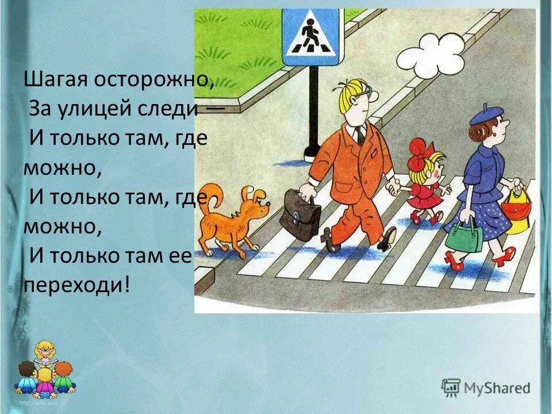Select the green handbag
(x=464, y=236)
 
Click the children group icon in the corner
(x=44, y=371)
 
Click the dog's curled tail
(x=213, y=195)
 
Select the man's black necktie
(x=360, y=136)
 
